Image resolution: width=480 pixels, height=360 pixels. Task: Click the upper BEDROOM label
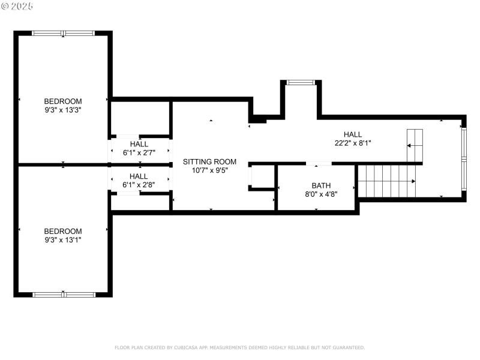[63, 101]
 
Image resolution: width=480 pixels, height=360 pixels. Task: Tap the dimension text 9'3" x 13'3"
[63, 110]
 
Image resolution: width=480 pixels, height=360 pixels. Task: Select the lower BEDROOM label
[63, 232]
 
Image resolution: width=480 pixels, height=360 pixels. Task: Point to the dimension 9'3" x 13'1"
[63, 240]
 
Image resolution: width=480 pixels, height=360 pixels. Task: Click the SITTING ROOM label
[209, 162]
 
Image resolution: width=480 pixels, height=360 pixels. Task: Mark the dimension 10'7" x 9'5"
[209, 170]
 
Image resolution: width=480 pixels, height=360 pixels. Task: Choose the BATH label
[321, 185]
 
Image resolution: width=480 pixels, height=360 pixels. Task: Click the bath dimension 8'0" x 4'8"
[321, 194]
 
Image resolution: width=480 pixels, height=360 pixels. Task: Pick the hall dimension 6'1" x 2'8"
[139, 185]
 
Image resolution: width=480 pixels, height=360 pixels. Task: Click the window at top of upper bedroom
[63, 33]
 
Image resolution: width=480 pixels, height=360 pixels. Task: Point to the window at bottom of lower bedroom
[64, 294]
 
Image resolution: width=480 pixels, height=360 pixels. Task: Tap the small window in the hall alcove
[301, 82]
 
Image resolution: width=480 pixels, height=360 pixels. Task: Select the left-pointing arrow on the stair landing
[409, 145]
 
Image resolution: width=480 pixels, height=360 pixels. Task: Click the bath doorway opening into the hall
[319, 163]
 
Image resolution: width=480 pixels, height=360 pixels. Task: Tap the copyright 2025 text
[17, 6]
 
